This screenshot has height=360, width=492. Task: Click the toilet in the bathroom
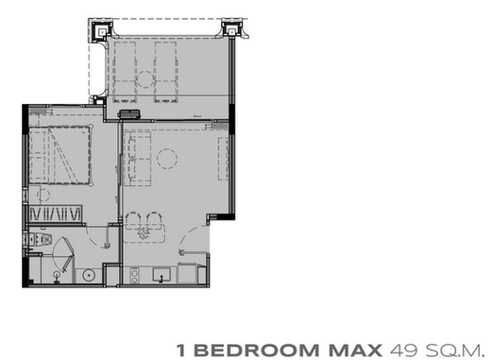[x=39, y=239]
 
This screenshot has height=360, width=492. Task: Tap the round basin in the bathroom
[x=89, y=275]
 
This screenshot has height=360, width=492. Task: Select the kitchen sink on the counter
[x=161, y=274]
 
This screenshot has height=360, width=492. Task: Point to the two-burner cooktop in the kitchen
[x=134, y=275]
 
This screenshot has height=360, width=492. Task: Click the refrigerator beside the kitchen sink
[x=188, y=273]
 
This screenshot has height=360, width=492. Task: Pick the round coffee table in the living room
[x=167, y=159]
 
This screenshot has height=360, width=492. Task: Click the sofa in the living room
[x=138, y=159]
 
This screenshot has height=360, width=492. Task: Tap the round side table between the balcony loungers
[x=145, y=79]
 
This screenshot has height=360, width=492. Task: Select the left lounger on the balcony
[x=125, y=72]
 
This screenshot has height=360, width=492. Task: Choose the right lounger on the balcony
[x=165, y=72]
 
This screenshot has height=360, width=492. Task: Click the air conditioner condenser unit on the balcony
[x=129, y=114]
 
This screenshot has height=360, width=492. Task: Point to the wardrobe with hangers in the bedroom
[x=55, y=214]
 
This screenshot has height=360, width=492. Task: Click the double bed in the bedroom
[x=60, y=155]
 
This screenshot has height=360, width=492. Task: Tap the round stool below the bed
[x=43, y=195]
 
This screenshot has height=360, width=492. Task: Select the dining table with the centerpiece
[x=144, y=233]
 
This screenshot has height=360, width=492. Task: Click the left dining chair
[x=133, y=219]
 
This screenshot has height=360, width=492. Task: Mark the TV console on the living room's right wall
[x=224, y=159]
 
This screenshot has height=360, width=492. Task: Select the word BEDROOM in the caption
[x=259, y=350]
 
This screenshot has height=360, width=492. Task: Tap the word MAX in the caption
[x=355, y=350]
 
